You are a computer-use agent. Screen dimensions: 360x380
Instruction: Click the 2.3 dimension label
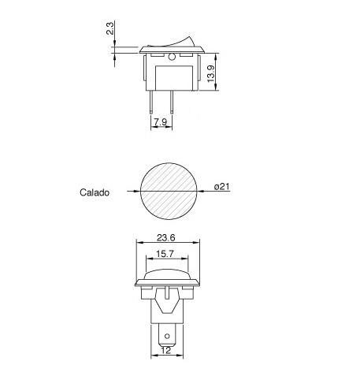click(x=110, y=28)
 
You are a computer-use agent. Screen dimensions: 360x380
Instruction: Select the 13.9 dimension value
click(x=211, y=74)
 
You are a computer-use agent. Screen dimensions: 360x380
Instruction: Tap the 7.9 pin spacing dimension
click(x=161, y=122)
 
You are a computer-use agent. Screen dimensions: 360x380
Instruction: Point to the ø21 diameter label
click(x=222, y=187)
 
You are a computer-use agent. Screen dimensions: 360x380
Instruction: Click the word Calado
click(x=95, y=192)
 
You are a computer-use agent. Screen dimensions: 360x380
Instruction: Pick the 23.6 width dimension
click(x=166, y=238)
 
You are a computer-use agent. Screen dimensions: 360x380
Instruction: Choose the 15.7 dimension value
click(x=165, y=254)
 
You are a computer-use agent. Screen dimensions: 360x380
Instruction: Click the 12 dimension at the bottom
click(x=166, y=350)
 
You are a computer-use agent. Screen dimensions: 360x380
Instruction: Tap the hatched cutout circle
click(x=169, y=192)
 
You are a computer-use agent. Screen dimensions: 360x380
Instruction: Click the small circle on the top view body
click(x=172, y=57)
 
